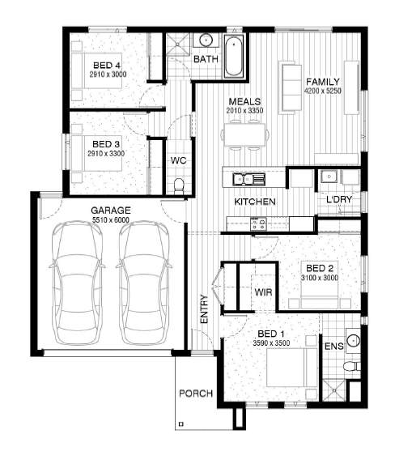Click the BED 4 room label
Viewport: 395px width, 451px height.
(x=107, y=66)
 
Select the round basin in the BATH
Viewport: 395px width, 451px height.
(x=206, y=40)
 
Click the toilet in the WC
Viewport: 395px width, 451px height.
(x=179, y=185)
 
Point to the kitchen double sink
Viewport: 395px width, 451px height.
(x=248, y=179)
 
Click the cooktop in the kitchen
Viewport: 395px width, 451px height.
(x=258, y=223)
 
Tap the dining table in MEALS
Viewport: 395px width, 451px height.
(x=244, y=134)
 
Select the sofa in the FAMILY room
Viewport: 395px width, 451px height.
(x=291, y=87)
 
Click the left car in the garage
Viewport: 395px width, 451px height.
(x=77, y=283)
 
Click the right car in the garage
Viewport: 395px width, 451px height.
(x=144, y=283)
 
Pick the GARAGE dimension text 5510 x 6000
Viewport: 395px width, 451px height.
(x=111, y=220)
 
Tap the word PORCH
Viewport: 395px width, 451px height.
(x=196, y=394)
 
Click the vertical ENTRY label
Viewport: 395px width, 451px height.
(x=204, y=308)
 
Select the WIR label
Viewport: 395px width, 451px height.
(x=263, y=292)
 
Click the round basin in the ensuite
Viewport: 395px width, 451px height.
(x=354, y=341)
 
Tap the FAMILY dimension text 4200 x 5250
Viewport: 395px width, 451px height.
(x=323, y=91)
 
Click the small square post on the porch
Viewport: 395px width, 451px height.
(x=181, y=423)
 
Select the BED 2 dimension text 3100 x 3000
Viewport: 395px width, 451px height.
(x=320, y=278)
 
